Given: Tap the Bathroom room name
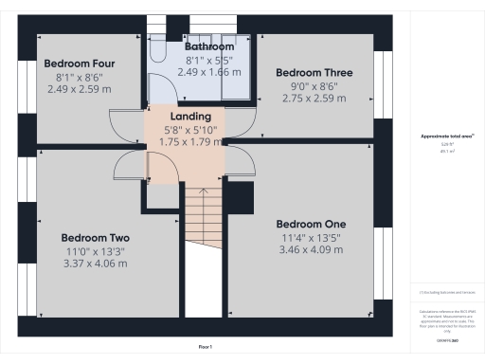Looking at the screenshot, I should click(209, 45).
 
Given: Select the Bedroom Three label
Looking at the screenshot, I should click(314, 72).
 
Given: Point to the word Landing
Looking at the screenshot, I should click(184, 117).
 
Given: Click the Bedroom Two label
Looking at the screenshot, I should click(95, 238).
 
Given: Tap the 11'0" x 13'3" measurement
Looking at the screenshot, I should click(95, 251).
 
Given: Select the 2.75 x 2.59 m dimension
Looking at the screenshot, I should click(314, 98).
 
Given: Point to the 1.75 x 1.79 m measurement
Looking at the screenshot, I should click(184, 141).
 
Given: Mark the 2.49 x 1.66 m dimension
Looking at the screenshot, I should click(209, 71).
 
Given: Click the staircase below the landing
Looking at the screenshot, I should click(200, 218).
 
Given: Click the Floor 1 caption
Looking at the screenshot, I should click(205, 348).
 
